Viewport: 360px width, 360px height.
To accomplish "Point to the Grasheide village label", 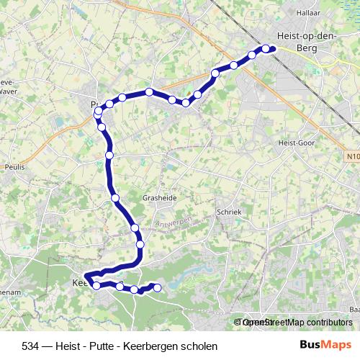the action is pyautogui.click(x=160, y=197).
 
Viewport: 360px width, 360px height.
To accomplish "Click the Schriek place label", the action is pyautogui.click(x=228, y=213).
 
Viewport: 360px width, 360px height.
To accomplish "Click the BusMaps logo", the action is pyautogui.click(x=325, y=346).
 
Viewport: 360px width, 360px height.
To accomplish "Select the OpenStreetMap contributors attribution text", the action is pyautogui.click(x=297, y=323).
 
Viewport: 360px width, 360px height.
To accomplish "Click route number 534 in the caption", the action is pyautogui.click(x=31, y=346).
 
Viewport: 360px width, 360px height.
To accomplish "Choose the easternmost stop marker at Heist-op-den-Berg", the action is pyautogui.click(x=272, y=49).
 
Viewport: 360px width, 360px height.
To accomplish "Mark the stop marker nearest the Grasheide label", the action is pyautogui.click(x=115, y=197).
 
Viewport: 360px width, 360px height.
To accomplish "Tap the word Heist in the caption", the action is pyautogui.click(x=66, y=346).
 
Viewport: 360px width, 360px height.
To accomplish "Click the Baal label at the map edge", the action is pyautogui.click(x=354, y=309).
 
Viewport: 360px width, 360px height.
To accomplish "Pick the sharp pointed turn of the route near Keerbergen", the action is pyautogui.click(x=86, y=277).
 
